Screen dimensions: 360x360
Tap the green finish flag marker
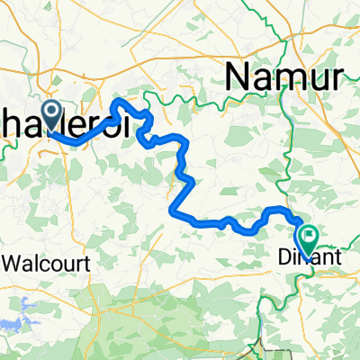point(310,239)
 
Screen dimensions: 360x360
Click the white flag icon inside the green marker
point(310,238)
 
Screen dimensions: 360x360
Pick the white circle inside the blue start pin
point(49,112)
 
